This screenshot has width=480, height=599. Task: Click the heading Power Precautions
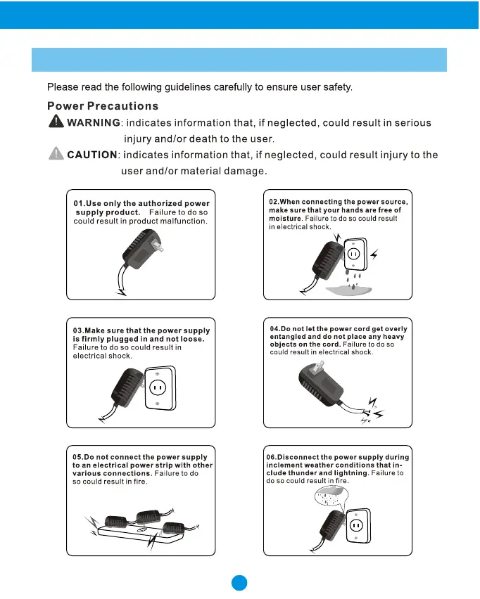coord(102,106)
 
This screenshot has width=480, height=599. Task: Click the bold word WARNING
coord(93,123)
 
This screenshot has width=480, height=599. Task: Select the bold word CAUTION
coord(91,155)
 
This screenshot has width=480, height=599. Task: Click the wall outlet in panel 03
coord(159,388)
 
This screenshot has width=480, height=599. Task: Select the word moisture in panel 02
coord(284,219)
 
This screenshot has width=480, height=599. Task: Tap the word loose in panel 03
coord(190,339)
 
